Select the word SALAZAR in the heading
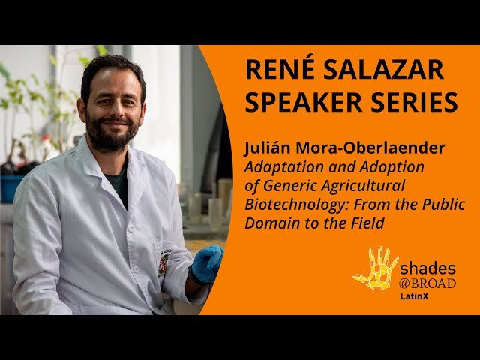pos(382,70)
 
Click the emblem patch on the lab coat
pos(163,262)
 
